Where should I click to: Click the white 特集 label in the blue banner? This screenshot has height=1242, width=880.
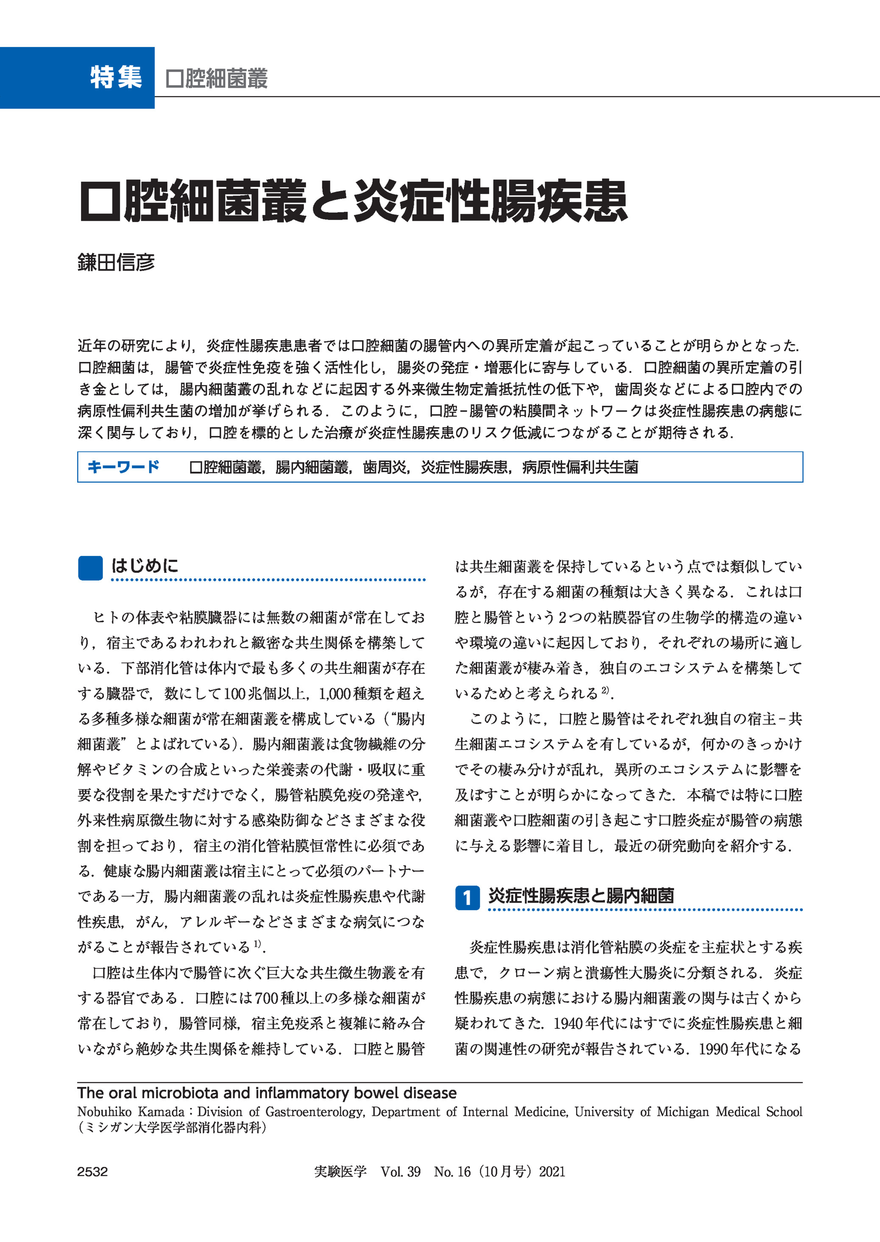click(116, 78)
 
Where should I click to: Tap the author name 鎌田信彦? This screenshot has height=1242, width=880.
click(116, 263)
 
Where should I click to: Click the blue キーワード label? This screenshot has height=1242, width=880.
click(123, 467)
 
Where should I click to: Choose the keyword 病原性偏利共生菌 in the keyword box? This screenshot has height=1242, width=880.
click(580, 467)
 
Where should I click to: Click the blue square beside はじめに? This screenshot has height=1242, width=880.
click(90, 568)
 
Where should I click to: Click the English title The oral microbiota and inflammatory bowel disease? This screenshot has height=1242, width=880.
click(267, 1093)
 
